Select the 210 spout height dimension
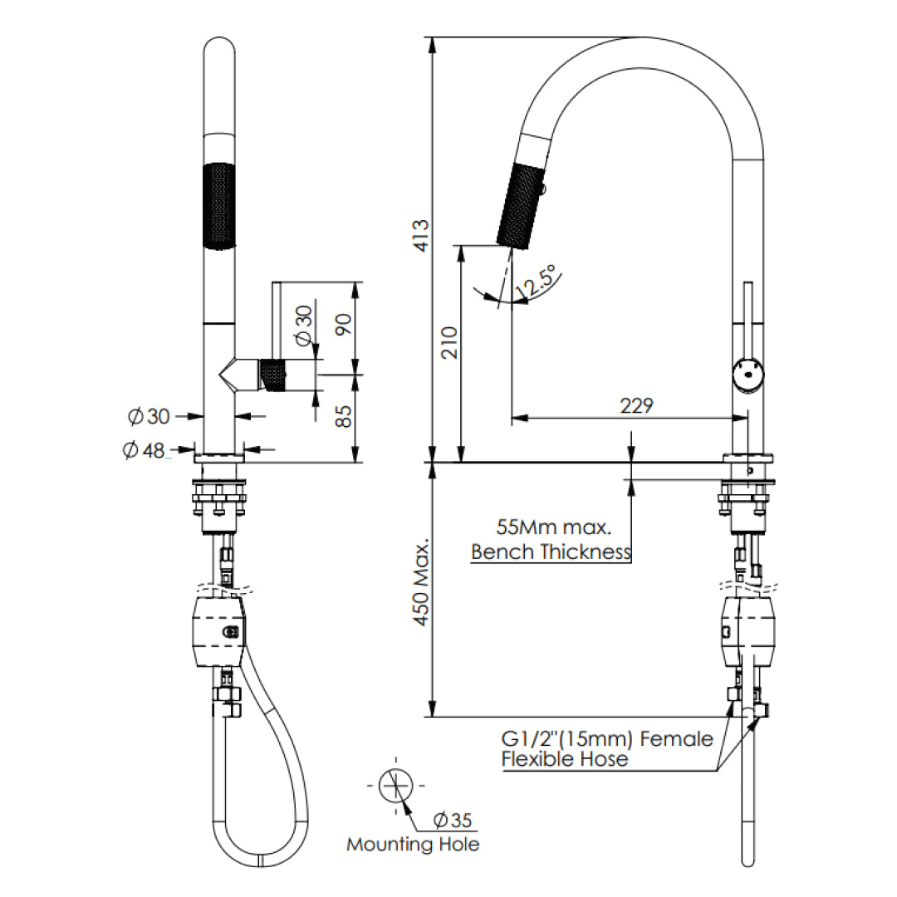[448, 353]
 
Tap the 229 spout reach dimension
[636, 405]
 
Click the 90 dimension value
[343, 321]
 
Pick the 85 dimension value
[343, 415]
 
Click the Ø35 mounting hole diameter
[453, 821]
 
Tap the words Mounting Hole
[413, 845]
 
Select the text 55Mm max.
[553, 527]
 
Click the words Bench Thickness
[551, 551]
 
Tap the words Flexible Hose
[564, 759]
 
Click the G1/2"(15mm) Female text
[606, 738]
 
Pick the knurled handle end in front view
[274, 375]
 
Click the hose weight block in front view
[218, 631]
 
